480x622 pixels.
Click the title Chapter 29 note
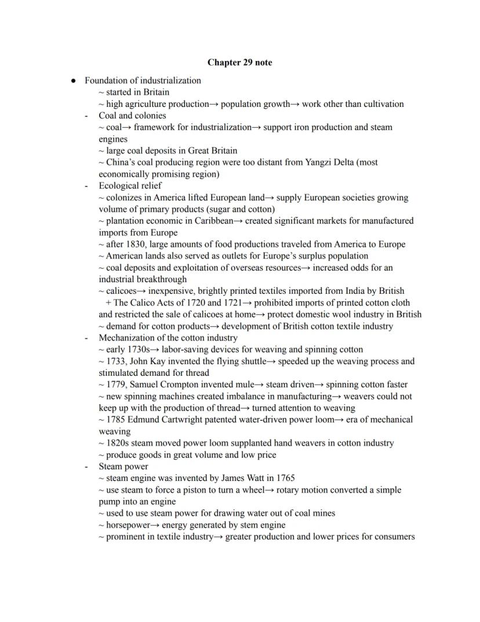pos(239,62)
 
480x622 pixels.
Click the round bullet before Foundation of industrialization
pos(73,81)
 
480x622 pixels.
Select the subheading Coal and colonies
pos(132,116)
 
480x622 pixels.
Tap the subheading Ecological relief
pos(130,186)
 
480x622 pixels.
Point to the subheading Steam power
pos(123,466)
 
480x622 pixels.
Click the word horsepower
pos(128,525)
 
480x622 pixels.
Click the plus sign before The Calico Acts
pos(108,303)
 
